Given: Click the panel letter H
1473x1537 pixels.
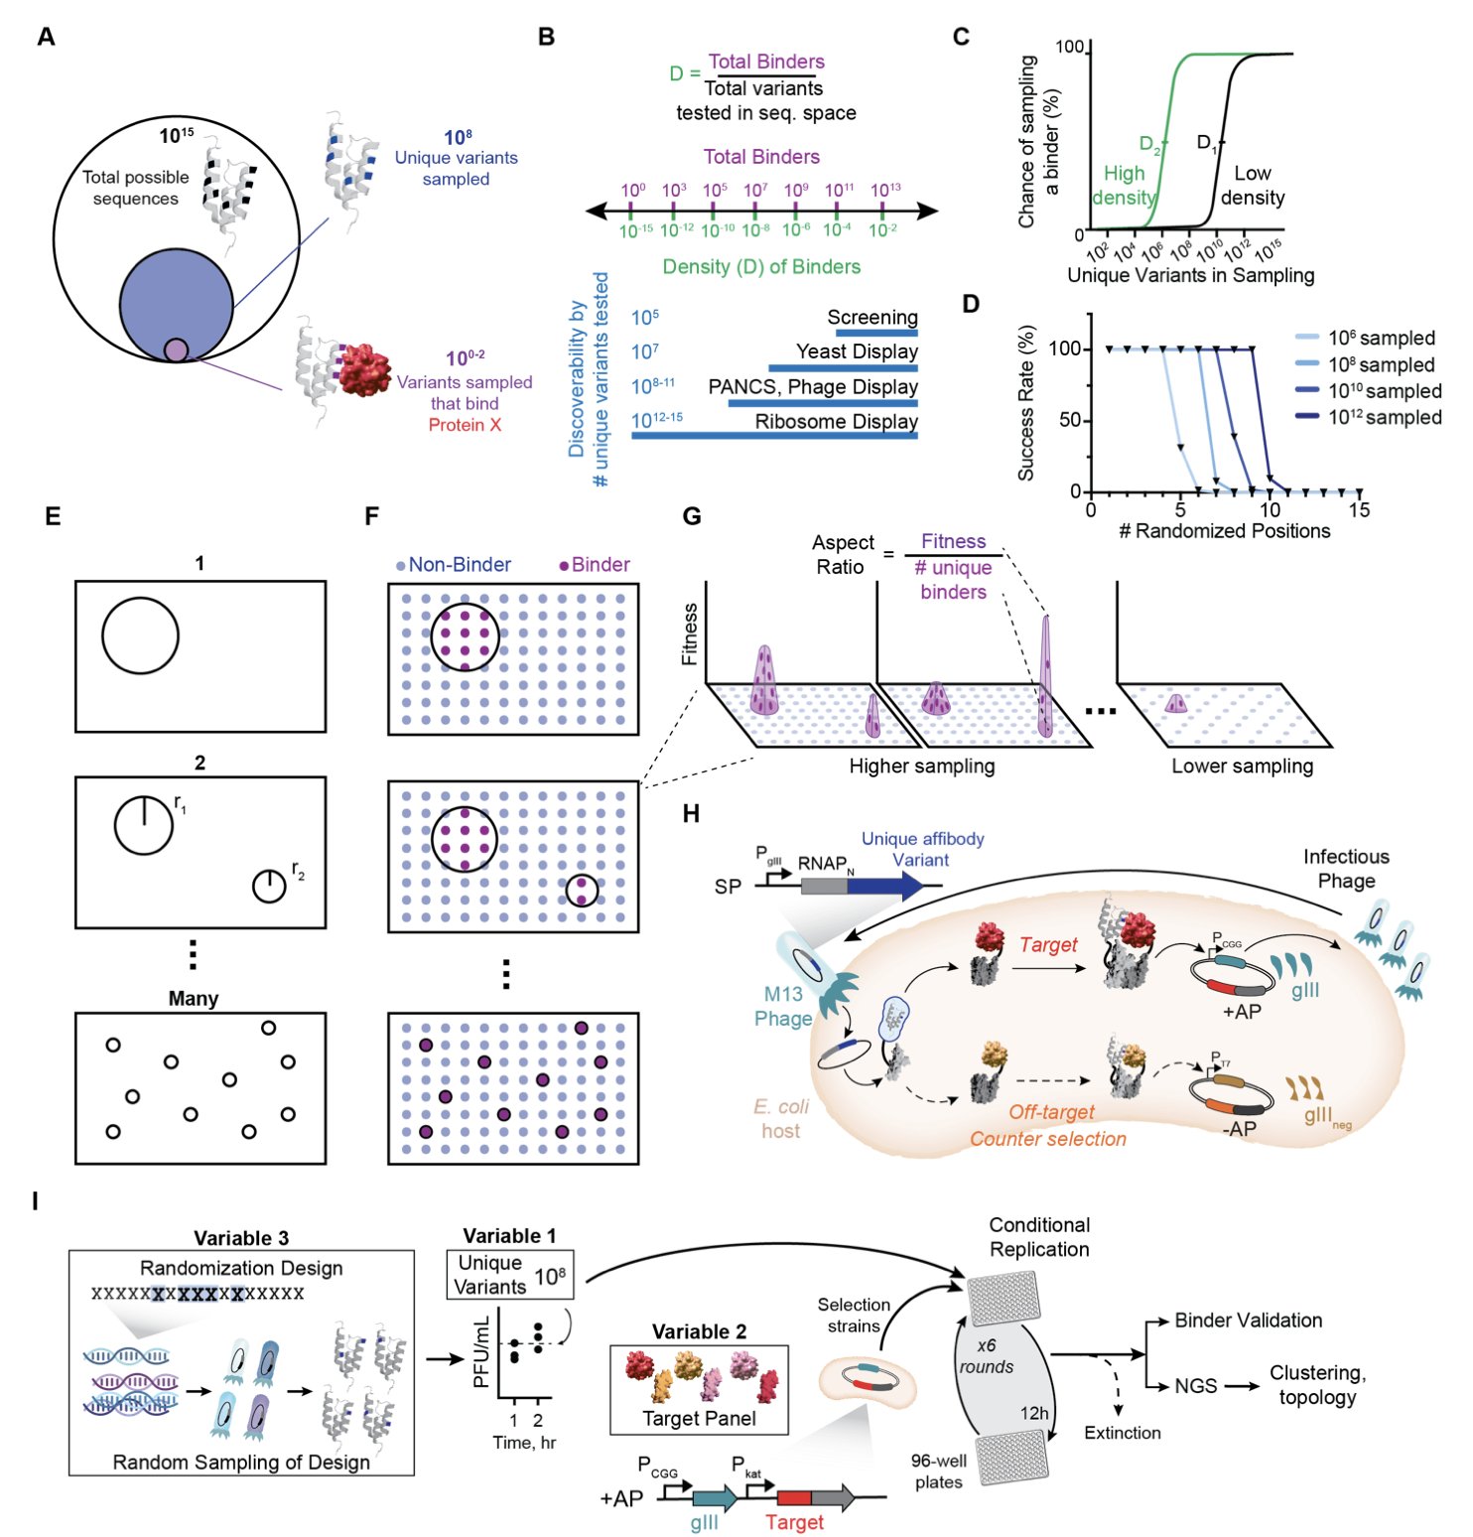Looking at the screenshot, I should (x=692, y=814).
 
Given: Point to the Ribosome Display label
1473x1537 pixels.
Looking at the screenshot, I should (x=836, y=421).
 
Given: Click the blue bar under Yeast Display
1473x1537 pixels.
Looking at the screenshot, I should (x=843, y=368).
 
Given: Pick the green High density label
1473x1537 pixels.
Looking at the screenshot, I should (x=1124, y=186).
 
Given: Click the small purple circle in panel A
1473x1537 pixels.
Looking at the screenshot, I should (x=176, y=349).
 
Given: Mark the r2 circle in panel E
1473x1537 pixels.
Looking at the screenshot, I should (x=269, y=886).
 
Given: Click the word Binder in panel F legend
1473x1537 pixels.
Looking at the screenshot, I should (x=601, y=565).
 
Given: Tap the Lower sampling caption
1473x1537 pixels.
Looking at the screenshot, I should (x=1242, y=766).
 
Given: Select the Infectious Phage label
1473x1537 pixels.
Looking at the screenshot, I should (x=1346, y=868).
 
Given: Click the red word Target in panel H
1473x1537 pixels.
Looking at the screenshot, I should (x=1048, y=944).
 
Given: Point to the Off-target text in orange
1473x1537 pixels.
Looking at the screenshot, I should (x=1051, y=1112).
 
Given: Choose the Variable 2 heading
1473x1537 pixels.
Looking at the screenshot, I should (x=699, y=1331).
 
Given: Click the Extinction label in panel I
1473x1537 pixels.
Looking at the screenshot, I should (x=1122, y=1433).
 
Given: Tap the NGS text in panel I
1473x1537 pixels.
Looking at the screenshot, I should (x=1195, y=1386).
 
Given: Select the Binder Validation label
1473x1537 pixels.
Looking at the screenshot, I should (x=1248, y=1321).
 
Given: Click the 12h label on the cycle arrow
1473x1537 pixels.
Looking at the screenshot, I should (x=1034, y=1413).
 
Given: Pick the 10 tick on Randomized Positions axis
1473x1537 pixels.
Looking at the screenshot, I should (x=1270, y=510).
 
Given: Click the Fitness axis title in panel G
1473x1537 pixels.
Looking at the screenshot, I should (x=690, y=633).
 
